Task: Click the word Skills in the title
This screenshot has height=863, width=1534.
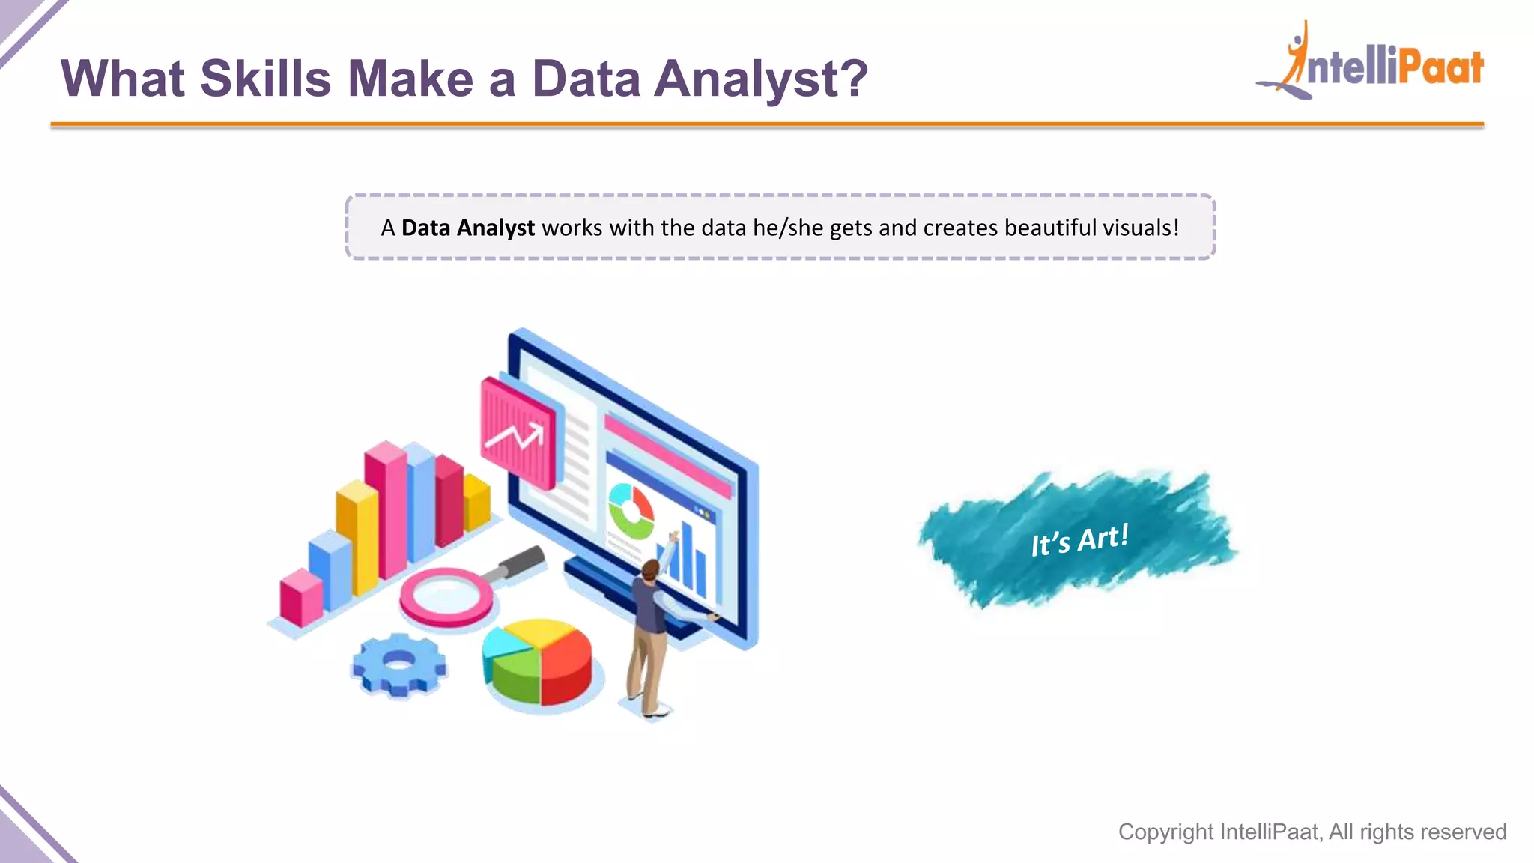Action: click(x=265, y=79)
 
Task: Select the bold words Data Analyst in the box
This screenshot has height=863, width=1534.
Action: click(x=467, y=228)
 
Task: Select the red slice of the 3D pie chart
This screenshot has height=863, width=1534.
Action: click(x=568, y=663)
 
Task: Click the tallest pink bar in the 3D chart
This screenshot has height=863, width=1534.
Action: click(x=386, y=509)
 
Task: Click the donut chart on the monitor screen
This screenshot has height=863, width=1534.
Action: click(x=631, y=511)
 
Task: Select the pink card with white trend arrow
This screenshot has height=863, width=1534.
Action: click(x=517, y=433)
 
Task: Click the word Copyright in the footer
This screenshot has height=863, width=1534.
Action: click(x=1165, y=832)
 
